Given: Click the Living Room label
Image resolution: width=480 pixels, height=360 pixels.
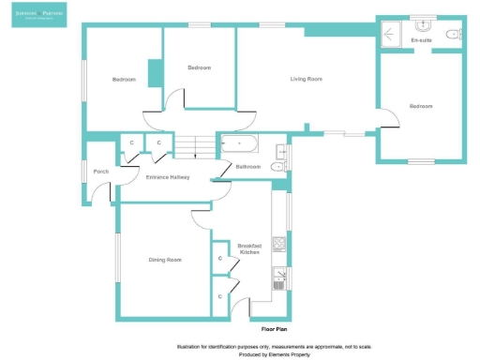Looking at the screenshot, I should pyautogui.click(x=306, y=79).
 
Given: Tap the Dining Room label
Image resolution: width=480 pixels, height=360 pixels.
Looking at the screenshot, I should pyautogui.click(x=164, y=260).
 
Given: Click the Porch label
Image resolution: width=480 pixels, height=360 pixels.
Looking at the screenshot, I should pyautogui.click(x=100, y=171).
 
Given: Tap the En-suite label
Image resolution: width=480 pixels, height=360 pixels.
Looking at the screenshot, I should pyautogui.click(x=421, y=41).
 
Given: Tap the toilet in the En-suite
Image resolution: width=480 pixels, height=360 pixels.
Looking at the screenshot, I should pyautogui.click(x=454, y=34).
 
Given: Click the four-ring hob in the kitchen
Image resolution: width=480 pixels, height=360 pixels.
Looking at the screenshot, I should pyautogui.click(x=278, y=245).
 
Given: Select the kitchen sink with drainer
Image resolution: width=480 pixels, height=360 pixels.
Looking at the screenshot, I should pyautogui.click(x=278, y=275).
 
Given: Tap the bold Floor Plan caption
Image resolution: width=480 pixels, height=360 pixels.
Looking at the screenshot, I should pyautogui.click(x=273, y=330).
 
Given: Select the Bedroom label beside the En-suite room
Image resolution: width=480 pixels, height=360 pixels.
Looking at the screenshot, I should pyautogui.click(x=421, y=106).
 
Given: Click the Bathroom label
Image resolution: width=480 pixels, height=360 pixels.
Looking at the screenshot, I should pyautogui.click(x=247, y=167).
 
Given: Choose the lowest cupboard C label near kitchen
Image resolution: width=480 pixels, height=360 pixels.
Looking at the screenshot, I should pyautogui.click(x=220, y=296).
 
